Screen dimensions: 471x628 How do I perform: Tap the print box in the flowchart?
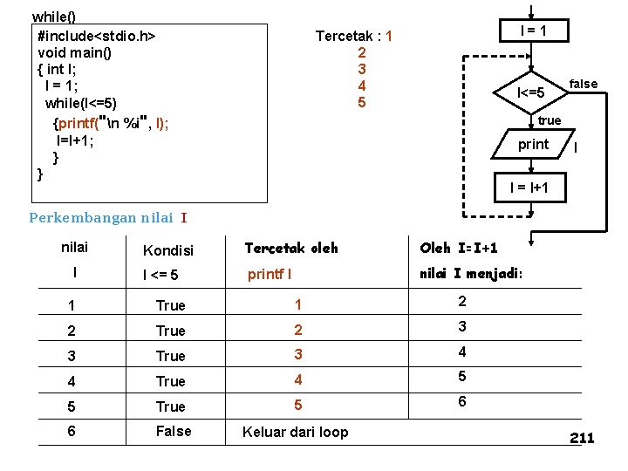click(x=533, y=145)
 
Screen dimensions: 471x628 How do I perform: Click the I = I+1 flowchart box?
click(x=529, y=188)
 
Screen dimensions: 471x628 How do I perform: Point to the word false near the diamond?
click(x=584, y=84)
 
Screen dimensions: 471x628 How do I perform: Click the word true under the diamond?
click(x=549, y=120)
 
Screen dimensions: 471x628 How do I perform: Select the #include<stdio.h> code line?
click(x=97, y=36)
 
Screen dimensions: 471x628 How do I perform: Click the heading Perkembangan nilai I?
click(x=108, y=217)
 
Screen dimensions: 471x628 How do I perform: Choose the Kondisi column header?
click(x=167, y=251)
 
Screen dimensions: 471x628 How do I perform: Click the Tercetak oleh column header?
click(x=290, y=249)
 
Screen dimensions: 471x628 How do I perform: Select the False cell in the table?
click(x=172, y=431)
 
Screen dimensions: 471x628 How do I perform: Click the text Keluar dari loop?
click(x=295, y=432)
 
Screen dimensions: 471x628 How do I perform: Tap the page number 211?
click(x=582, y=438)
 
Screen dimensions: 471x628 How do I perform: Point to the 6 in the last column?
click(x=462, y=402)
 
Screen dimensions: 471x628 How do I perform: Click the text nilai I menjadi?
click(x=472, y=274)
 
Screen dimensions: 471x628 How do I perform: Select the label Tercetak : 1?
click(x=353, y=37)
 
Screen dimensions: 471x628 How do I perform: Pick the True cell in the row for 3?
click(x=171, y=356)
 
